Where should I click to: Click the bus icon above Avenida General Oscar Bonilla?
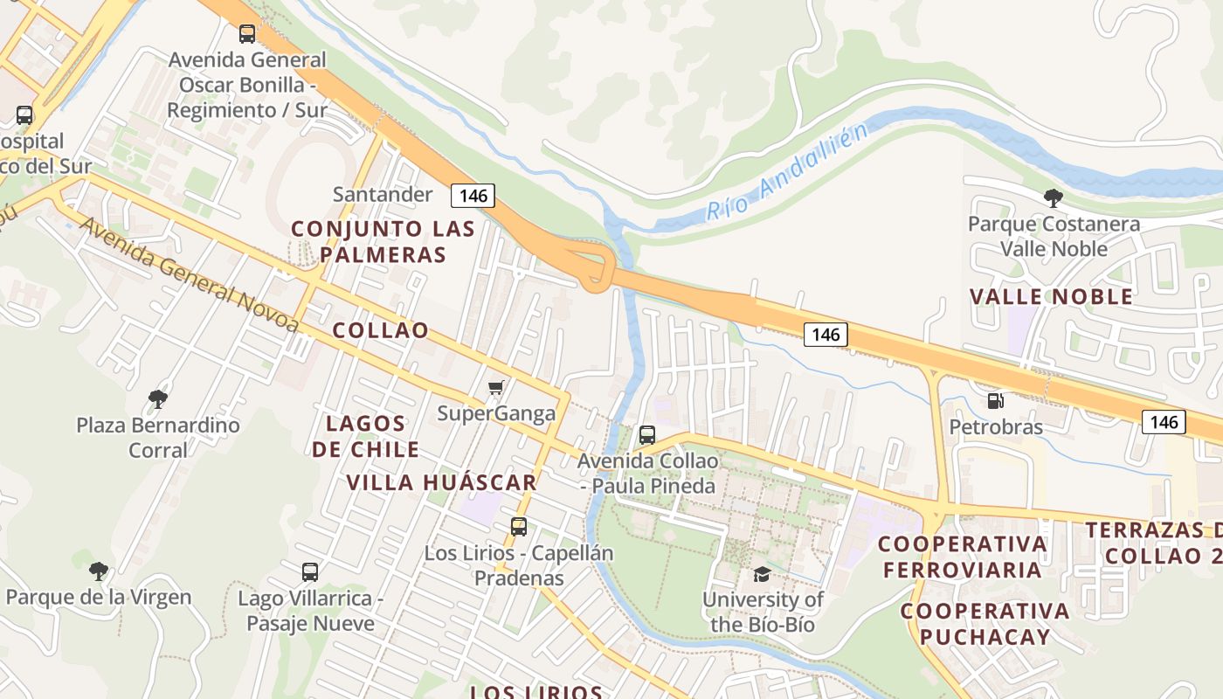[247, 34]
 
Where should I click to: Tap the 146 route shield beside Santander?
[473, 196]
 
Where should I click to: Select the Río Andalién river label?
[788, 172]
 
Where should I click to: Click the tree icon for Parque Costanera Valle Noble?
[1053, 198]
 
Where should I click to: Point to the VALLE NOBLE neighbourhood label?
[1051, 297]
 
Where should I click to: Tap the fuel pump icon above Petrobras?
[995, 401]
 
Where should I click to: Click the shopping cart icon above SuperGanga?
[495, 387]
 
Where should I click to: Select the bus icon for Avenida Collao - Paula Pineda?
[647, 435]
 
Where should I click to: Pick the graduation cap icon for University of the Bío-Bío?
[763, 574]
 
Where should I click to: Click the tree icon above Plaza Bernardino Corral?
[157, 399]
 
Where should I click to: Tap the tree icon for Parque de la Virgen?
[98, 571]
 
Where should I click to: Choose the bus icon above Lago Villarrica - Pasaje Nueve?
[310, 572]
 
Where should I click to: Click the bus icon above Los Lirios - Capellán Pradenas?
[519, 527]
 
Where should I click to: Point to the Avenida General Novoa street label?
[189, 274]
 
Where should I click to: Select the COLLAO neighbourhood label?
[381, 330]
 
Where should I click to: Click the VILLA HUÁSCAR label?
[441, 482]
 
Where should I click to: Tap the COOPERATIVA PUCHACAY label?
[985, 623]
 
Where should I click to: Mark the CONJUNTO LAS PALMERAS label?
[383, 242]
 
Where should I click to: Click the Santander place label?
[383, 194]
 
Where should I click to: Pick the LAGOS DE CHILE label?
[366, 437]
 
